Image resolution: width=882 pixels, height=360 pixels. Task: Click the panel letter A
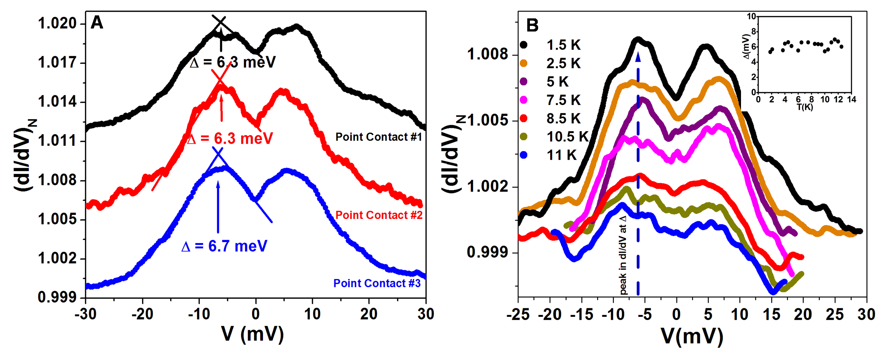[x=97, y=23]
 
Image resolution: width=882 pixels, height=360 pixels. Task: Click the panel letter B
[x=532, y=25]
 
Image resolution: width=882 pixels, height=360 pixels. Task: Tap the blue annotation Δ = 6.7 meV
[x=224, y=246]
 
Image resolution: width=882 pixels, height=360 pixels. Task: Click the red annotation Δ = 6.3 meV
[x=229, y=139]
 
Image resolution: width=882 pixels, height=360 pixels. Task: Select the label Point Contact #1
[x=379, y=137]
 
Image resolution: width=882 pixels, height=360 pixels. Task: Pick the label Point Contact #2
[x=379, y=215]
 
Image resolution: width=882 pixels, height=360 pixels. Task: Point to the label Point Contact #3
[x=377, y=283]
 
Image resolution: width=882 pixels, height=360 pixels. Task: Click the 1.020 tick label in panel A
[x=57, y=23]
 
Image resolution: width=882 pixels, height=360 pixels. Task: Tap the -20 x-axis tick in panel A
[x=142, y=314]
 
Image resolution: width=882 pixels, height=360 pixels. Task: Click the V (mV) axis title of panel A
[x=252, y=334]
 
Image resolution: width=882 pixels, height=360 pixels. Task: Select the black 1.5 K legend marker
[x=523, y=45]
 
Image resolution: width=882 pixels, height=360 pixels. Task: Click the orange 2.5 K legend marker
[x=523, y=63]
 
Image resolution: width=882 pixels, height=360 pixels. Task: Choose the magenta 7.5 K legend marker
[x=523, y=100]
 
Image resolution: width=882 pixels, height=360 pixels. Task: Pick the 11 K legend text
[x=561, y=155]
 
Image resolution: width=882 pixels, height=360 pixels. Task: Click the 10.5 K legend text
[x=567, y=137]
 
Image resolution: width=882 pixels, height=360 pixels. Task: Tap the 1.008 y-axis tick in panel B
[x=487, y=54]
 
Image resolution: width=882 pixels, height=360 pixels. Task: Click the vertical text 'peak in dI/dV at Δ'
[x=623, y=255]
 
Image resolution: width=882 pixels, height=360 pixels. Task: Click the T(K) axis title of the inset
[x=805, y=107]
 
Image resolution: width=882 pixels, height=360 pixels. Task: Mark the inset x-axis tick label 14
[x=852, y=99]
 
